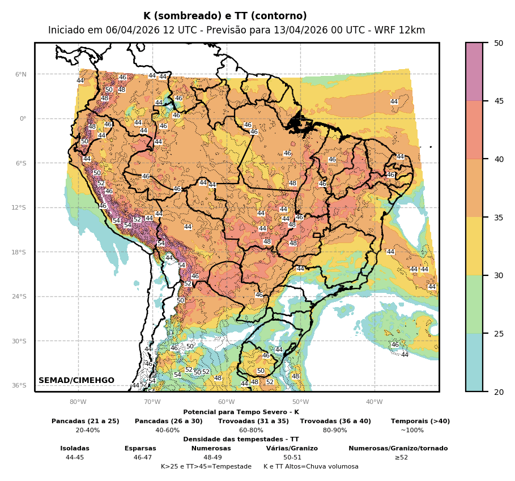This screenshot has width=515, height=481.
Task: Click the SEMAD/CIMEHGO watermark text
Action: pos(76,380)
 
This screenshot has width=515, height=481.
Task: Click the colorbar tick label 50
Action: pos(499,43)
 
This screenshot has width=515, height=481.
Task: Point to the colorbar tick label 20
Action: pos(499,391)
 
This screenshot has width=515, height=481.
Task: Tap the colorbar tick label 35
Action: pos(499,217)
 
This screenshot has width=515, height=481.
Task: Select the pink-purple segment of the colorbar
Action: pos(474,71)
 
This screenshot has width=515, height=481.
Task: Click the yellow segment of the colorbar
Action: pos(474,246)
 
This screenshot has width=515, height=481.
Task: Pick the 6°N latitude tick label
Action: pos(21,74)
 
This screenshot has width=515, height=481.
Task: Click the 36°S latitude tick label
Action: pos(19,385)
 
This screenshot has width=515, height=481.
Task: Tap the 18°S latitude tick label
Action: pos(19,252)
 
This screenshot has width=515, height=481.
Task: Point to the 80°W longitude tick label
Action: pos(78,402)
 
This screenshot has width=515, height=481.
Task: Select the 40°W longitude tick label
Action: pos(374,402)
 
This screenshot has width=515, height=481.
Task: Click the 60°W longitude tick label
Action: pos(227,402)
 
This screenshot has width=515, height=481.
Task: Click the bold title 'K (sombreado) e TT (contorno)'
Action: pos(225,16)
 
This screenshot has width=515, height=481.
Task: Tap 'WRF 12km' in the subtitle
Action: pos(406,30)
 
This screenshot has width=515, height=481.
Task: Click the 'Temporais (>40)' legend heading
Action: pos(420,421)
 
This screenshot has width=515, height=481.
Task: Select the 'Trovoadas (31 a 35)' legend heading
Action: pos(253,421)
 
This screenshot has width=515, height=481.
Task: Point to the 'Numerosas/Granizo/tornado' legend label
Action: pos(398,448)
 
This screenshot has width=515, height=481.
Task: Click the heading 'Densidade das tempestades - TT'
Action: pos(241,439)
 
